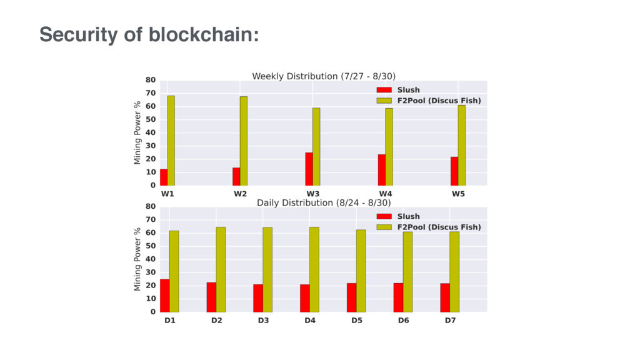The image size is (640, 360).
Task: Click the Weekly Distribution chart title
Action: tap(324, 76)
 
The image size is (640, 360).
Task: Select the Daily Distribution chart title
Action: tap(324, 203)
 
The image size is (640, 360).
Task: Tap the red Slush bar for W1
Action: tap(164, 177)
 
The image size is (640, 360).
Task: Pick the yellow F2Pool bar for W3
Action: tap(316, 146)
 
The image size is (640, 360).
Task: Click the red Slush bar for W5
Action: tap(454, 171)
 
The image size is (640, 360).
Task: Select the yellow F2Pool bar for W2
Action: tap(244, 141)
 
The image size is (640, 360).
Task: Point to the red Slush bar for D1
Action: tap(164, 296)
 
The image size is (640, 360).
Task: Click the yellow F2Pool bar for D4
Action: tap(314, 269)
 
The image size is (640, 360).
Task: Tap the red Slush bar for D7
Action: tap(445, 297)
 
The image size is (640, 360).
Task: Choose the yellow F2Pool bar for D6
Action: tap(407, 272)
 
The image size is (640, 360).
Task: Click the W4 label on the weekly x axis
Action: tap(385, 194)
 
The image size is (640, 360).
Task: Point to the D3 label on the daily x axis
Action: tap(263, 321)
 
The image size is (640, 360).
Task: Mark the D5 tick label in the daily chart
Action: tap(357, 321)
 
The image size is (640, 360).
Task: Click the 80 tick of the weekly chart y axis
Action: tap(151, 80)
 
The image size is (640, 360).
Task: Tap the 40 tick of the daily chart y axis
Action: tap(151, 259)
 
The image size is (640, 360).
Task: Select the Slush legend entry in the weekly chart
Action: tap(398, 90)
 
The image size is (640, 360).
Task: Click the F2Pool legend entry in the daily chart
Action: tap(429, 227)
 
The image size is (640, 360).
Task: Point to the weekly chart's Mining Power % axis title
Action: tap(137, 132)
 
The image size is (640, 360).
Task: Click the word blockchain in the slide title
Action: tap(204, 35)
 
